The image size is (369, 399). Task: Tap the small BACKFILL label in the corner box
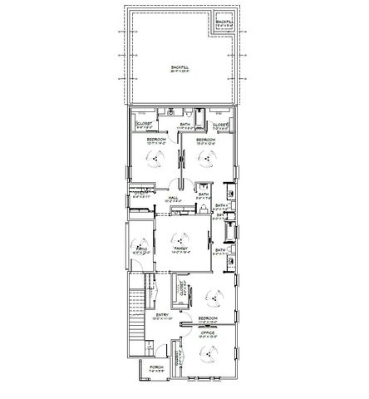click(225, 22)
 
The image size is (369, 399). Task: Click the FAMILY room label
click(178, 248)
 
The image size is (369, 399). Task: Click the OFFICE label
click(207, 332)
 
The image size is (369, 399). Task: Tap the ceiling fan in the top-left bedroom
click(155, 164)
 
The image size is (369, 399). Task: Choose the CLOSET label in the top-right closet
click(220, 125)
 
